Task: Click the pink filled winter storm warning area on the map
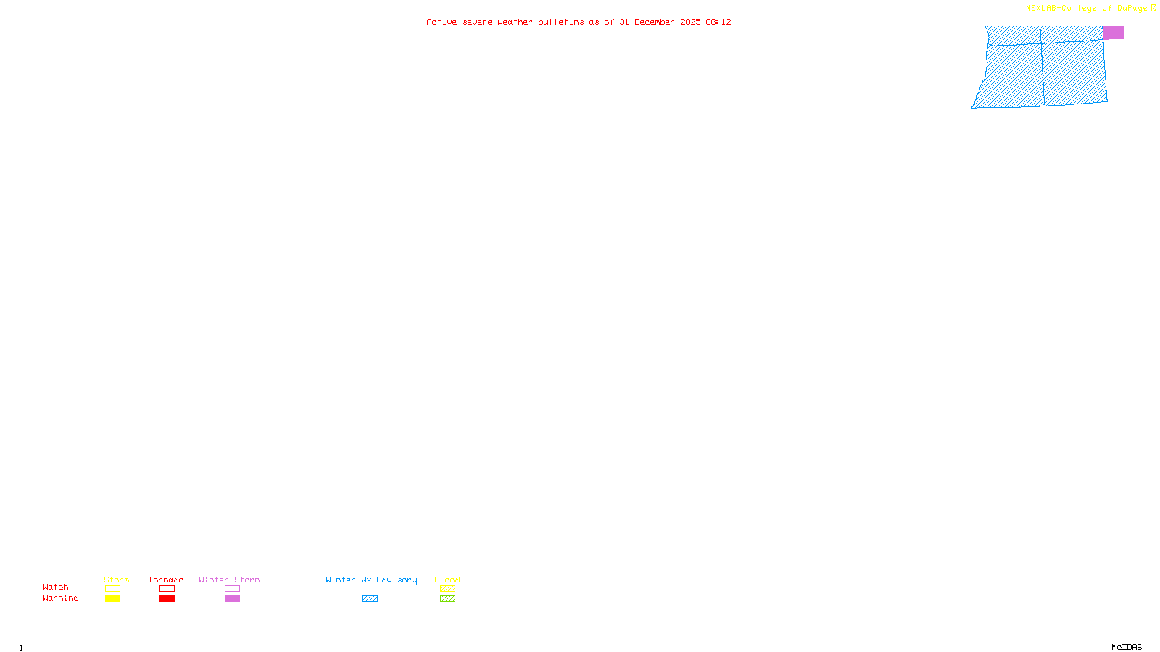[1113, 33]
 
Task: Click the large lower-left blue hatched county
[1012, 76]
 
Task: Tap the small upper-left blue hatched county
[1014, 35]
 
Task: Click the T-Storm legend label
[112, 580]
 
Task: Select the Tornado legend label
[166, 580]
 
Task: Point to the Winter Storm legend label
[229, 580]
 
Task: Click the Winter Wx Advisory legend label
[371, 580]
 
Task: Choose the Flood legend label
[447, 580]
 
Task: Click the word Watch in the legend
[56, 588]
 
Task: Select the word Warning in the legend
[61, 598]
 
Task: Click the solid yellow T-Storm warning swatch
[112, 599]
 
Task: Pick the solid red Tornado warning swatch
[167, 599]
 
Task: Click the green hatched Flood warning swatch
[447, 599]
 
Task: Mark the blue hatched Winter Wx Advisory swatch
[370, 599]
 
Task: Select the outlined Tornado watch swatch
[167, 589]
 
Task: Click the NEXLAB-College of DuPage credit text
[1086, 9]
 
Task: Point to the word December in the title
[654, 22]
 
